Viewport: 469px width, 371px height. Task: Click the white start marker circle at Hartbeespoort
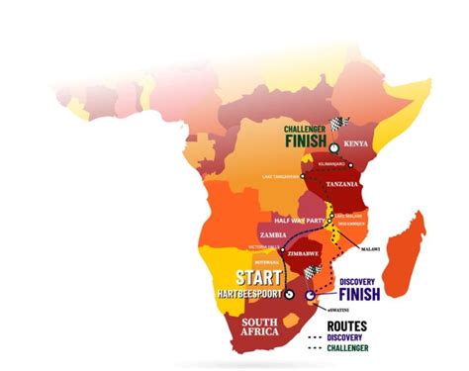pyautogui.click(x=290, y=294)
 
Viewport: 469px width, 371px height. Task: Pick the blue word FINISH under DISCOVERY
pyautogui.click(x=360, y=293)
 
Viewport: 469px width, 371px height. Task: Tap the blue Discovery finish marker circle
pyautogui.click(x=312, y=294)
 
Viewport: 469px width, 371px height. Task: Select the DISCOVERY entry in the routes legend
pyautogui.click(x=360, y=336)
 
